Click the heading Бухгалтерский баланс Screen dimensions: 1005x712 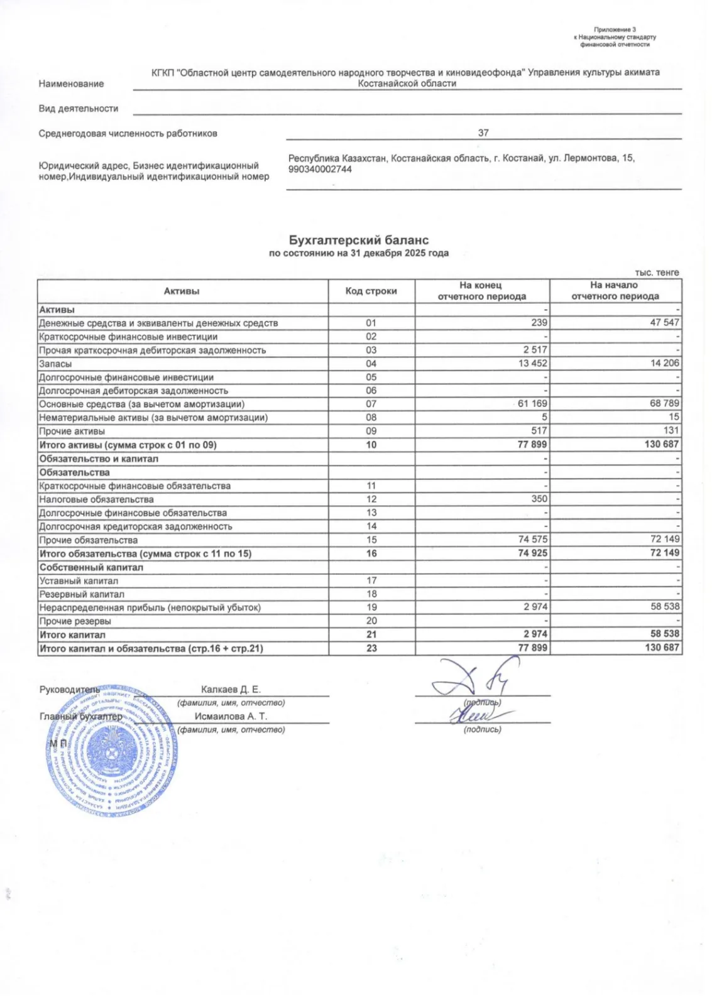(358, 240)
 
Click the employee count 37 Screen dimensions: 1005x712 (483, 133)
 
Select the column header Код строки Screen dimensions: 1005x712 (371, 291)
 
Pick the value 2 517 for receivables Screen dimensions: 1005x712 (535, 350)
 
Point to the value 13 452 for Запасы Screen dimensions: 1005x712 (532, 363)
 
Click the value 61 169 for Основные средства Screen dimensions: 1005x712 (532, 403)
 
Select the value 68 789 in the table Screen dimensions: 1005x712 (664, 403)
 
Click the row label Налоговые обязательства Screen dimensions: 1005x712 (96, 499)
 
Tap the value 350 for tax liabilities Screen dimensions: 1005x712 (539, 499)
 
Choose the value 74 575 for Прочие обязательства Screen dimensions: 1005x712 (532, 539)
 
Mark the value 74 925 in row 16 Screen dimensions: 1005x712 (532, 553)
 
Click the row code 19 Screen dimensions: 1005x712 (371, 607)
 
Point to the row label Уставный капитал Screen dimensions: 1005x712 (79, 581)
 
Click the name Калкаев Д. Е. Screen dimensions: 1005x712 (231, 690)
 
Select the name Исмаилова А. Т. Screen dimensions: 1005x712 (231, 716)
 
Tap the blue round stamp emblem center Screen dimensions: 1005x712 (112, 751)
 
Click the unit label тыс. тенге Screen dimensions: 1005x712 (657, 273)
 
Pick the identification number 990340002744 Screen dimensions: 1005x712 (320, 170)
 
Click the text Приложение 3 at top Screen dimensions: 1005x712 (615, 30)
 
